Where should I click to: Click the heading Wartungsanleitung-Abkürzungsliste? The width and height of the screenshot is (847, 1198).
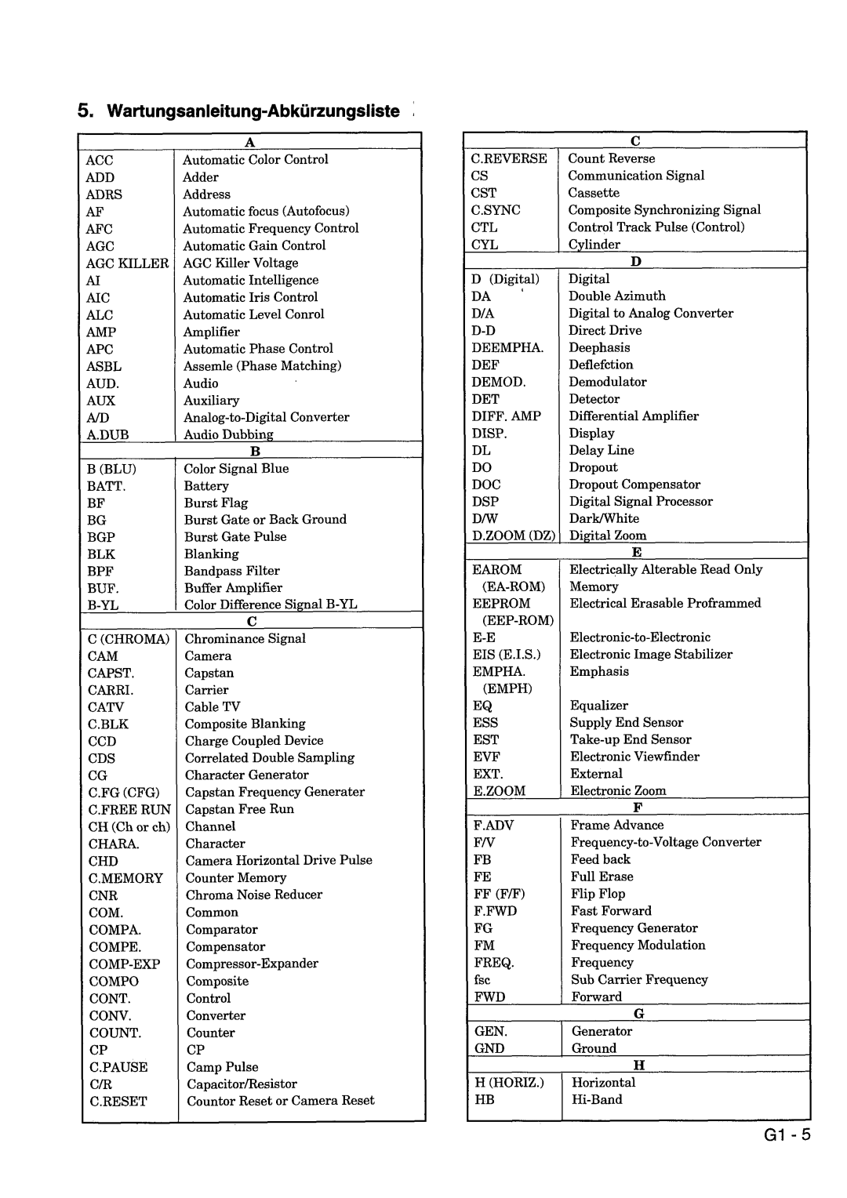(x=249, y=111)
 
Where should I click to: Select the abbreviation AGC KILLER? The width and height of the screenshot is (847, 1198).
(x=127, y=263)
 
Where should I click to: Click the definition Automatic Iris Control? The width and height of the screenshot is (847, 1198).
(x=250, y=297)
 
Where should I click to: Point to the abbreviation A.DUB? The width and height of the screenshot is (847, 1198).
(x=107, y=434)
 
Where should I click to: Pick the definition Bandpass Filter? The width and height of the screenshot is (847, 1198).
(x=231, y=571)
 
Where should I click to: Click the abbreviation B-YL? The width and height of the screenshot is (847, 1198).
(x=103, y=605)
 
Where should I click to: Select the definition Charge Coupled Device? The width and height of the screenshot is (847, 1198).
(x=254, y=741)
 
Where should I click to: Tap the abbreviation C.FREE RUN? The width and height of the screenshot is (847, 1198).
(x=129, y=809)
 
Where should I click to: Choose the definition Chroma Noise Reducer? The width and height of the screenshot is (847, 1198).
(x=254, y=895)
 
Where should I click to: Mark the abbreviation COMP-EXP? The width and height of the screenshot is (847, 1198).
(x=125, y=964)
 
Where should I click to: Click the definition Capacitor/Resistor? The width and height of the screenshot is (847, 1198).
(x=242, y=1084)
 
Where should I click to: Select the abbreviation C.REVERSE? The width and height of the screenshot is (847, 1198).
(x=509, y=158)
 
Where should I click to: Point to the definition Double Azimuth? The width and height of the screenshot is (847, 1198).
(x=617, y=296)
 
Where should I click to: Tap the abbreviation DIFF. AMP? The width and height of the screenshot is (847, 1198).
(x=507, y=416)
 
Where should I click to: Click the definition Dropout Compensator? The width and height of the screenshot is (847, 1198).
(x=634, y=485)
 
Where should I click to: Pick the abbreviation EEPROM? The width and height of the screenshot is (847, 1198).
(x=501, y=604)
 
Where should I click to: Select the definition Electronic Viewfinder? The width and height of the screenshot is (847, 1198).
(x=634, y=757)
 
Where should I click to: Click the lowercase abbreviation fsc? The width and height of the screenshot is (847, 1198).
(x=482, y=980)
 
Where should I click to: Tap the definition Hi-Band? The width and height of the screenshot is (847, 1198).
(x=597, y=1099)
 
